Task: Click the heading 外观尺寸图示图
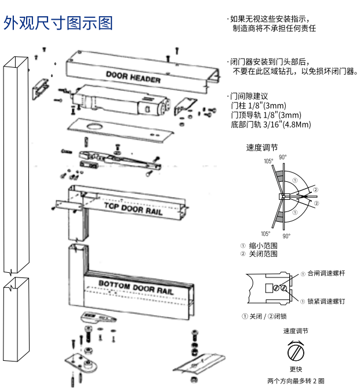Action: [x=58, y=24]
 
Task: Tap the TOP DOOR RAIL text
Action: [x=133, y=209]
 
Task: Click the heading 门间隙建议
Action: [x=249, y=96]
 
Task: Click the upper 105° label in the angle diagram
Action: [x=268, y=162]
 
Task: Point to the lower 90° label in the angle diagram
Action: [x=286, y=236]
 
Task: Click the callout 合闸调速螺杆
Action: [x=325, y=273]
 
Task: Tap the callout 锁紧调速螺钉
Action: [x=325, y=301]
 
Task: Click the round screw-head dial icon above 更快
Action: [x=296, y=352]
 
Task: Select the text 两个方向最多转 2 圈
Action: [x=296, y=381]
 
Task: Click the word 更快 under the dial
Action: [x=296, y=369]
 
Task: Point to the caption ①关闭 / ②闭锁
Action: [x=264, y=316]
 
